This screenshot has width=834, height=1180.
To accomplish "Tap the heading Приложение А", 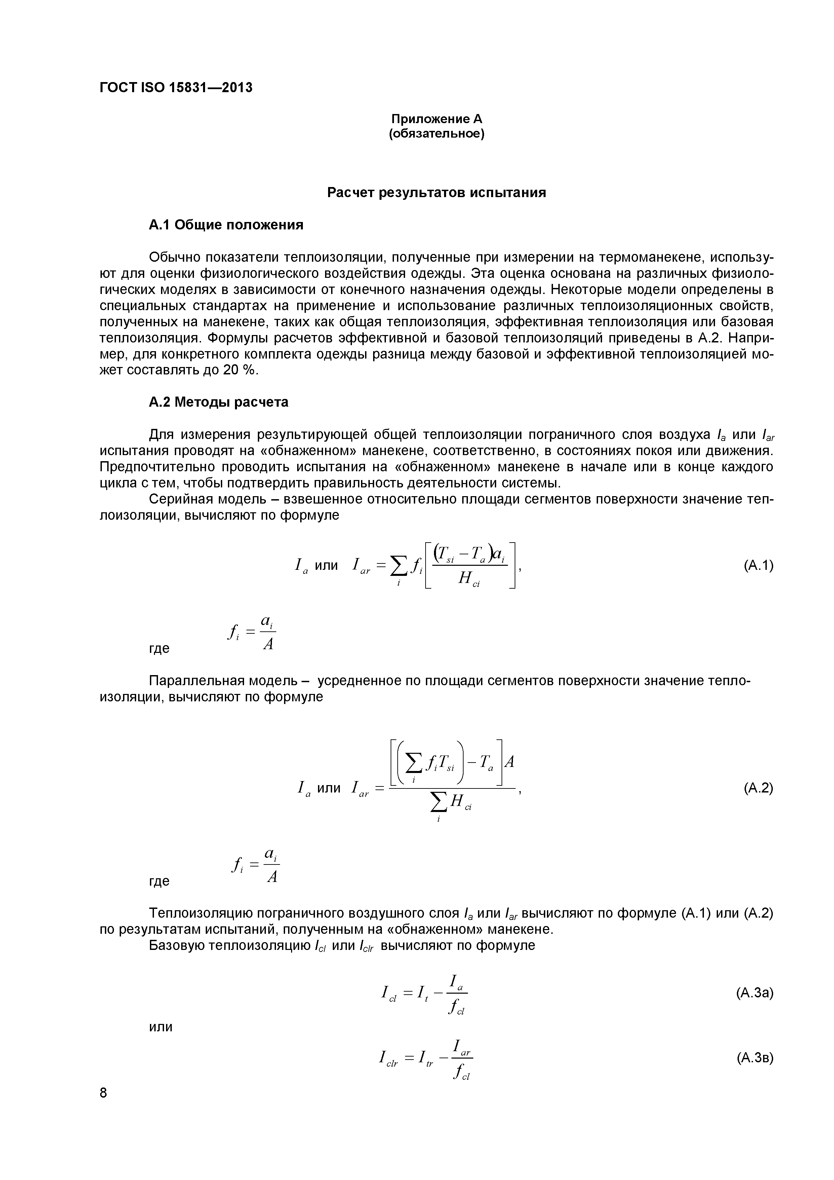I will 437,119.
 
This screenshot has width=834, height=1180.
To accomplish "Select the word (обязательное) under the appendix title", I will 437,134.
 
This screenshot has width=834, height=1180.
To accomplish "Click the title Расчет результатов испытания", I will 437,193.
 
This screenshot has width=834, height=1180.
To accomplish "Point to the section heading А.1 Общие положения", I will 226,225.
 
